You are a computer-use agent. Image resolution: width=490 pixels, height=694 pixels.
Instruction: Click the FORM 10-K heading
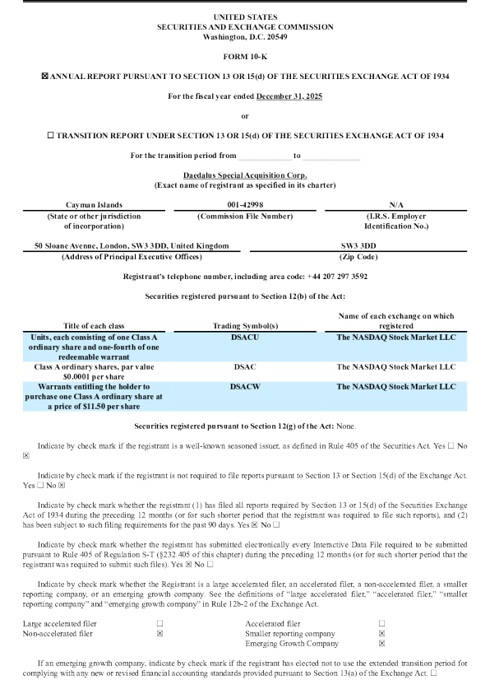(244, 56)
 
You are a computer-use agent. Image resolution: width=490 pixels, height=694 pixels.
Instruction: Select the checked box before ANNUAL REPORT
(44, 76)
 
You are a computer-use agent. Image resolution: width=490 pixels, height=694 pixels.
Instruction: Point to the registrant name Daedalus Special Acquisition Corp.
(244, 175)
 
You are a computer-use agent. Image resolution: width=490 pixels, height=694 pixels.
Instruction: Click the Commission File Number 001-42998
(245, 204)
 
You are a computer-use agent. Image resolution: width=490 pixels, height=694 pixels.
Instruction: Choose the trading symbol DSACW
(245, 386)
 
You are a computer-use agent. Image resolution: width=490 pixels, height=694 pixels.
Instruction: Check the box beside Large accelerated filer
(159, 601)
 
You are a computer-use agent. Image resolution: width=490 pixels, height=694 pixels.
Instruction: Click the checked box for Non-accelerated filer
(159, 611)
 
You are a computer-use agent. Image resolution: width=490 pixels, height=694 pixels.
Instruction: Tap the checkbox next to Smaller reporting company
(381, 611)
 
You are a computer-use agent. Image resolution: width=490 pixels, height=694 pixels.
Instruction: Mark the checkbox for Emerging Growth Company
(381, 621)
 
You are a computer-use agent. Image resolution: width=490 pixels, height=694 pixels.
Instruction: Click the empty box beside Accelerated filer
(381, 601)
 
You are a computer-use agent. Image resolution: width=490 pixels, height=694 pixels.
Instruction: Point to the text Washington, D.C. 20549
(244, 37)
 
